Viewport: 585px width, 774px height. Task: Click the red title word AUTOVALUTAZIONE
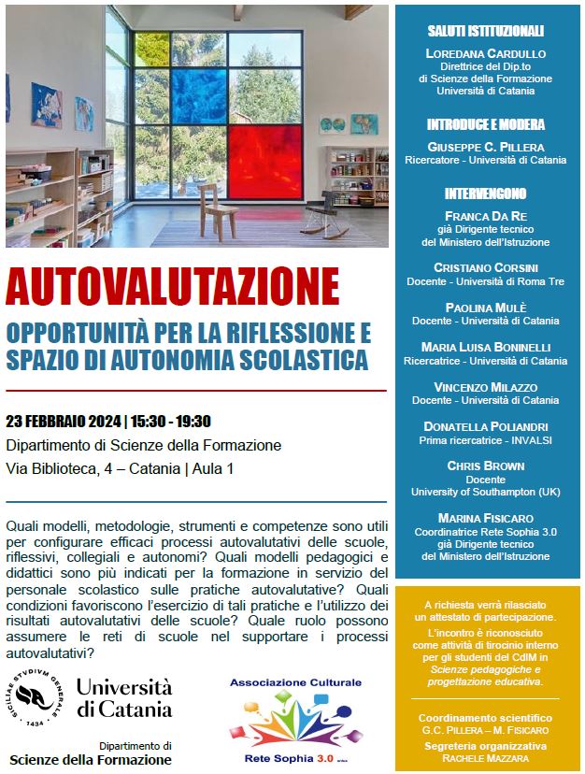pyautogui.click(x=173, y=287)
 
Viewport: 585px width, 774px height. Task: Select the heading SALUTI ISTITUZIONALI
pyautogui.click(x=485, y=31)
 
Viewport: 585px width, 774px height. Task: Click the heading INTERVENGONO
pyautogui.click(x=485, y=193)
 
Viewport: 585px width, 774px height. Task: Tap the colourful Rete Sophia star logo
pyautogui.click(x=296, y=722)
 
